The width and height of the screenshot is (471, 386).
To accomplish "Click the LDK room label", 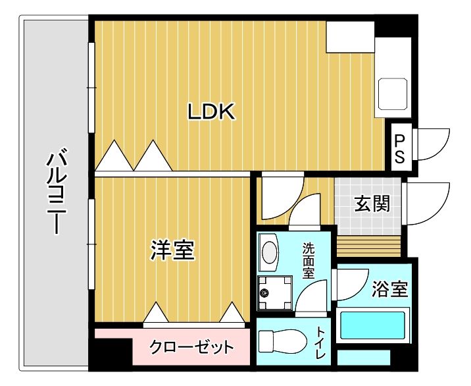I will coord(211,113).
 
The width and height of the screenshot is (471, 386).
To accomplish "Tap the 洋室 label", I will coord(173,250).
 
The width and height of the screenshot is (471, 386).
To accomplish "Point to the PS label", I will coord(400,149).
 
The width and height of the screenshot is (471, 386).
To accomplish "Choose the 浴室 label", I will coord(389,289).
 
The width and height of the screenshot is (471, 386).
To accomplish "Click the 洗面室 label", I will coord(308,261).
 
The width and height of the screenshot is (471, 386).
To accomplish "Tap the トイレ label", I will coord(320,343).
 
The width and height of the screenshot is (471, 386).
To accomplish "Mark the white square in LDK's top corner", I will coord(350,36).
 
